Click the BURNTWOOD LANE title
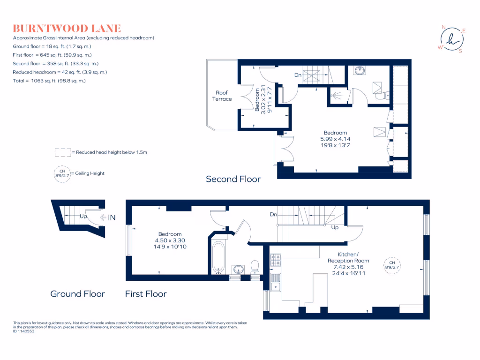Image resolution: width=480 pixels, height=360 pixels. point(67,28)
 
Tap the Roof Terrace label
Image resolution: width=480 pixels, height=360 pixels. point(223,96)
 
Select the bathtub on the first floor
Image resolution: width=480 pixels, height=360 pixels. point(218,257)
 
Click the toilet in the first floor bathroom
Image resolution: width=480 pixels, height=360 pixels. point(255,267)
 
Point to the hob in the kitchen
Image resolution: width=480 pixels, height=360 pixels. point(275,259)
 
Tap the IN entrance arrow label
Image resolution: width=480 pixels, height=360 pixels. point(112,217)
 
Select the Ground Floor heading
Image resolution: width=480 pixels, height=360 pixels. point(77,294)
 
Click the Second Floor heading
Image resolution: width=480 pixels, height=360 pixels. point(233,179)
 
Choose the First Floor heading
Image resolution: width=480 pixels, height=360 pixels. point(145,294)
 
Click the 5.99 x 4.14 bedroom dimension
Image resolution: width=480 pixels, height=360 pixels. point(335,139)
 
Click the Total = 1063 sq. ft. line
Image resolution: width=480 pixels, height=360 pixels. point(49,81)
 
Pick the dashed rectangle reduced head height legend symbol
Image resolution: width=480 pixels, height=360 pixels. point(62,152)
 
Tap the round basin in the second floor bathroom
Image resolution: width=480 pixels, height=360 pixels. point(360,71)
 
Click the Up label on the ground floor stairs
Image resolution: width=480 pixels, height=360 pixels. point(83,217)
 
